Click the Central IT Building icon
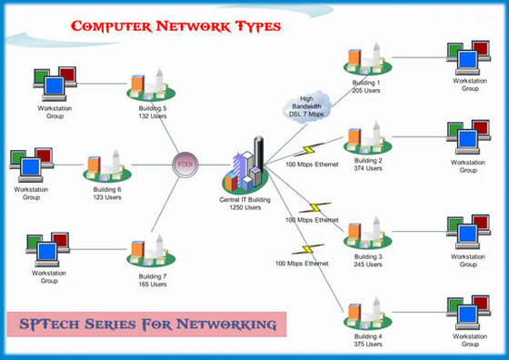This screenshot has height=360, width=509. pos(248,164)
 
